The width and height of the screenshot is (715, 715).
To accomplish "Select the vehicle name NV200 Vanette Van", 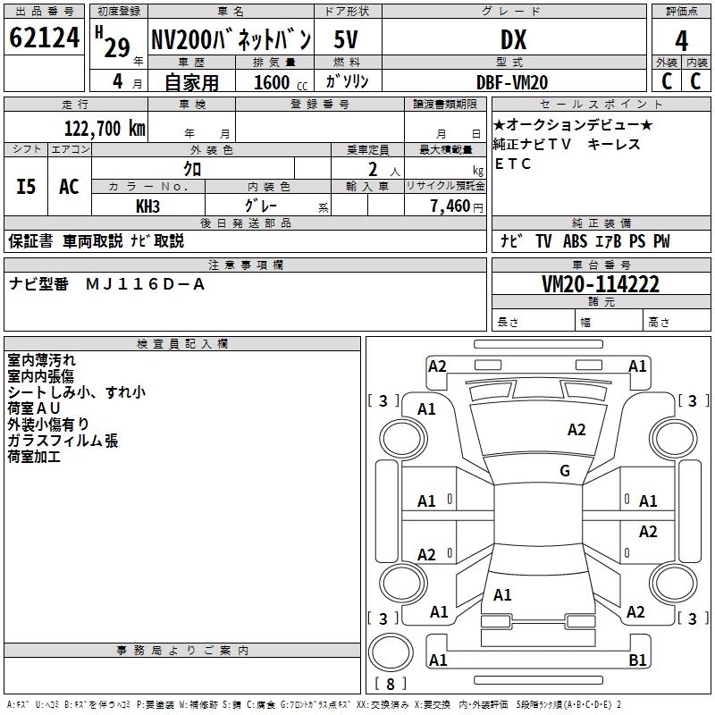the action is click(x=231, y=40).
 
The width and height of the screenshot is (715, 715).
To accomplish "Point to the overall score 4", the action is click(x=681, y=40).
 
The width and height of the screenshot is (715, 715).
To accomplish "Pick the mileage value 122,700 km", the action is click(x=104, y=129).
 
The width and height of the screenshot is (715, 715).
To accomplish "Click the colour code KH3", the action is click(x=147, y=206).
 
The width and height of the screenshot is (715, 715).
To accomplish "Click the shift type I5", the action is click(x=27, y=187).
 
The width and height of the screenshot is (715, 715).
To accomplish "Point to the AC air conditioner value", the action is click(x=69, y=187).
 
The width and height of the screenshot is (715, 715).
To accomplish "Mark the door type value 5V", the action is click(x=348, y=40).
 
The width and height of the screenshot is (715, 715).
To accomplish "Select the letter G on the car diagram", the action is click(x=565, y=471).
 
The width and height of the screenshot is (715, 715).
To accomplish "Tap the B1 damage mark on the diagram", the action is click(x=638, y=660).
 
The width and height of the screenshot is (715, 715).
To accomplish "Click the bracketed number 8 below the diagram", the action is click(x=390, y=684).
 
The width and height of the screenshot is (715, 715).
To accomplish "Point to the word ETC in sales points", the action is click(x=513, y=164).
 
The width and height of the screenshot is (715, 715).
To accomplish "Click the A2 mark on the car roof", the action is click(x=576, y=430).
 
